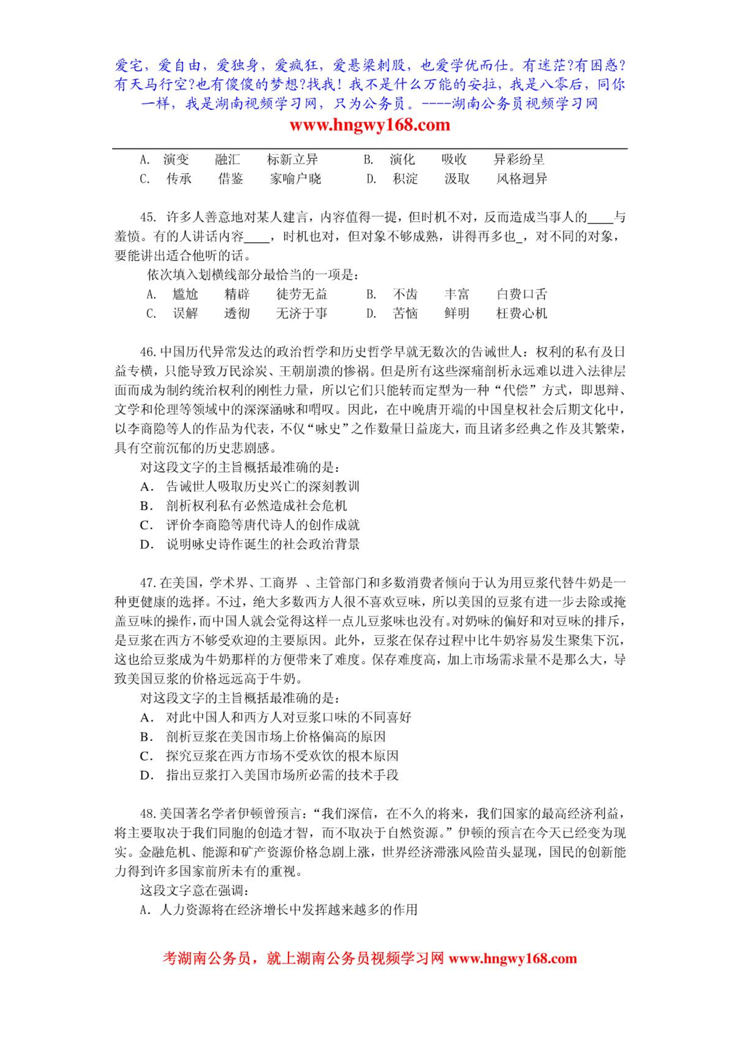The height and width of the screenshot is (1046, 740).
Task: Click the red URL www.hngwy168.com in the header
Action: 370,125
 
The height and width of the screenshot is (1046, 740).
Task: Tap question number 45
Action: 148,217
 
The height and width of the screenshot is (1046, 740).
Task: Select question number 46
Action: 148,352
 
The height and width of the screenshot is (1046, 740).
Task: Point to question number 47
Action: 148,582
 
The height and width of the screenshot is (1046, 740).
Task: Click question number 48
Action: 148,813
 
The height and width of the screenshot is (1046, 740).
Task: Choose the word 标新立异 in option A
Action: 292,160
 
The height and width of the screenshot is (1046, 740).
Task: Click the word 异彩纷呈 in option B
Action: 519,160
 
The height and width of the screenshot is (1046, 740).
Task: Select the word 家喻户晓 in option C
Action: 295,179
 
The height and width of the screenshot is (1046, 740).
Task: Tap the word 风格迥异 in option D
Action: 521,179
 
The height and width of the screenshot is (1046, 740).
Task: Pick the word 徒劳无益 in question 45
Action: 302,294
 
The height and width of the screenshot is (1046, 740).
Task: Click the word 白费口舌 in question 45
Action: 521,294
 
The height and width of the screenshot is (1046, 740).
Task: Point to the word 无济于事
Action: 302,314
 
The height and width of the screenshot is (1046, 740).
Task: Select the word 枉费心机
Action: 521,314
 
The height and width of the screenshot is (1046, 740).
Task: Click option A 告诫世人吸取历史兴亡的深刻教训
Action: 263,486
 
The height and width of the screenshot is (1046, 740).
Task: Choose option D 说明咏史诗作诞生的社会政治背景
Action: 263,544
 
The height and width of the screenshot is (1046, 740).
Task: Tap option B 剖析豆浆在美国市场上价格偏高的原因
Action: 276,736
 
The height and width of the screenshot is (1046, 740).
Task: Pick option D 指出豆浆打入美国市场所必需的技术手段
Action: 282,775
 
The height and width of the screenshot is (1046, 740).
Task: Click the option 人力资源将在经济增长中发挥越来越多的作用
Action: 288,909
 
